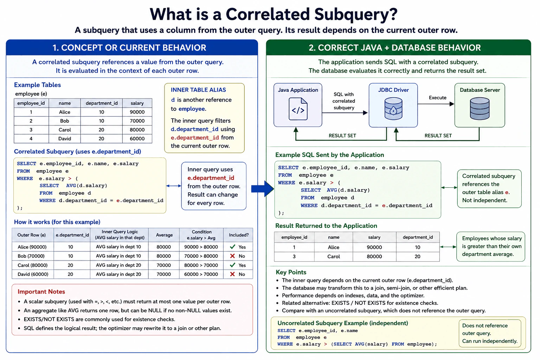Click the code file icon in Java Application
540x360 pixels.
(298, 109)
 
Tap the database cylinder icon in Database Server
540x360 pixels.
(480, 109)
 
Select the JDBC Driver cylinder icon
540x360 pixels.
(393, 109)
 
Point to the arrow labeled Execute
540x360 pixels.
(436, 104)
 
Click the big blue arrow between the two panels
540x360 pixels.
(263, 188)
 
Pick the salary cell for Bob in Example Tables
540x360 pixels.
(137, 121)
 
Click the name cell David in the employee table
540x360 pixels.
(65, 139)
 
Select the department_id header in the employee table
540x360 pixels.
(102, 103)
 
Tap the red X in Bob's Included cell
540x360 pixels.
(232, 256)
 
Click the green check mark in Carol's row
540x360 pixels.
(232, 265)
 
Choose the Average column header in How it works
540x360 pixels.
(164, 235)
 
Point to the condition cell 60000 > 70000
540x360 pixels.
(201, 274)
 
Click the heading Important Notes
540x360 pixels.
(41, 291)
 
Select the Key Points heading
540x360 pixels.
(291, 272)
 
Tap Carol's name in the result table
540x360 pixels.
(333, 257)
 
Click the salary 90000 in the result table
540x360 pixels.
(374, 247)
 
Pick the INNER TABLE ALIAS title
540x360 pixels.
(198, 90)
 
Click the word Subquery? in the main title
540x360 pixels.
(356, 14)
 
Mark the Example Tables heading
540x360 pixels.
(37, 85)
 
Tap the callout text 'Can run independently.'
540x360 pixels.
(490, 341)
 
